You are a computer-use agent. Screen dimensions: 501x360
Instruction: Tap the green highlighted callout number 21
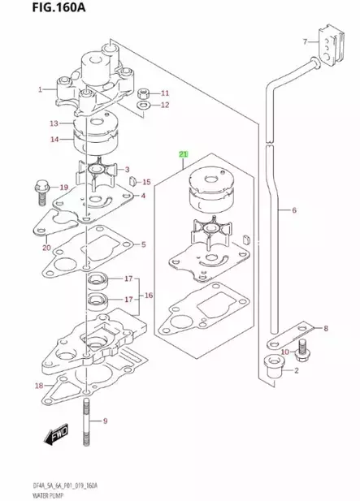(183, 153)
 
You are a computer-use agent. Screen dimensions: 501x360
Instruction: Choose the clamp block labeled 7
(328, 48)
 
